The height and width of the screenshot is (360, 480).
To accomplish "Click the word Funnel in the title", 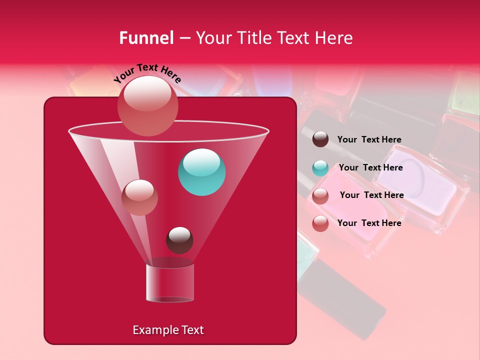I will click(x=146, y=38).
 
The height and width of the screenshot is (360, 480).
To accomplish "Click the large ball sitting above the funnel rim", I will click(x=148, y=105).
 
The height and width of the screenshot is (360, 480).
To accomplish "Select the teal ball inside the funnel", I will click(x=202, y=172).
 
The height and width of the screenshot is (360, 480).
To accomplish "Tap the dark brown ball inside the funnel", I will click(x=179, y=240).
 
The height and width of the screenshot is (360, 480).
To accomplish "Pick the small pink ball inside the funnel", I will click(x=139, y=197).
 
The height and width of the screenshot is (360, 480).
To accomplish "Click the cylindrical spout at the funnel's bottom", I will click(x=170, y=283).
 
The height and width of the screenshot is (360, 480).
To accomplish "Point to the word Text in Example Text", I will click(x=191, y=330).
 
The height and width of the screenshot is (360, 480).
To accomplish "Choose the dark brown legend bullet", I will click(x=320, y=139).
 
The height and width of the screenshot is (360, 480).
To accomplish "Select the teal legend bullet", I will click(x=320, y=168).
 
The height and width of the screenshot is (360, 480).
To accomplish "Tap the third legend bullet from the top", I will click(x=320, y=196).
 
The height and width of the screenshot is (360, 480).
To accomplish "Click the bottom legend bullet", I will click(x=320, y=223).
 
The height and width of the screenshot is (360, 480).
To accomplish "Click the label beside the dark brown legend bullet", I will click(x=369, y=139).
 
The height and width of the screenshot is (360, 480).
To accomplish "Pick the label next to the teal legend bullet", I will click(x=370, y=167).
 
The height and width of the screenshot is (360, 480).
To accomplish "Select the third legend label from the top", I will click(x=371, y=195).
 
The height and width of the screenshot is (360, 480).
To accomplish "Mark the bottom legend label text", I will click(x=369, y=223).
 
